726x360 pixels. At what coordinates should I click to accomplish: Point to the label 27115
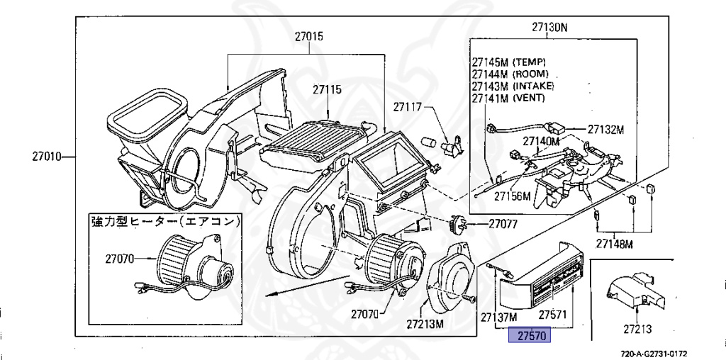[327, 90]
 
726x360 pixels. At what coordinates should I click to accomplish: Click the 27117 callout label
[408, 108]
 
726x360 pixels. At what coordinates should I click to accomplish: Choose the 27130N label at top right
[550, 28]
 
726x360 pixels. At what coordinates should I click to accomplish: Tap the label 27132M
[605, 130]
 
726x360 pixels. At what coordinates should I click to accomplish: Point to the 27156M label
[513, 196]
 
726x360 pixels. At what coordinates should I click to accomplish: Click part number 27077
[503, 224]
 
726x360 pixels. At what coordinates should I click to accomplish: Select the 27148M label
[614, 244]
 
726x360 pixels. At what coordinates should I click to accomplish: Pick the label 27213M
[425, 324]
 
